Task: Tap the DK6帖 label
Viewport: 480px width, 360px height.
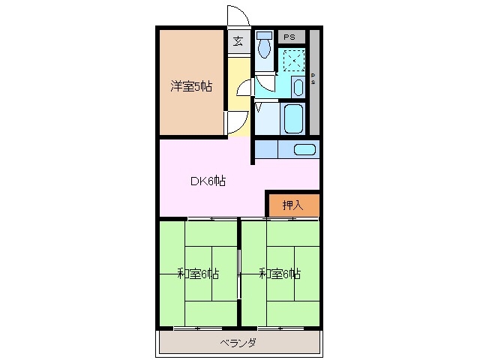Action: tap(207, 180)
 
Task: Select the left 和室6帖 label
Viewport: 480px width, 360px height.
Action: tap(198, 274)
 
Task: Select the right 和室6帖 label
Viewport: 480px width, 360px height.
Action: tap(280, 274)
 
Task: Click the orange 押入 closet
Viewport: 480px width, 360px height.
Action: tap(292, 205)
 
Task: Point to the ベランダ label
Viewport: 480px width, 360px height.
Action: tap(238, 343)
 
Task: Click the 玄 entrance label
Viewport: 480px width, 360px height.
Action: tap(238, 41)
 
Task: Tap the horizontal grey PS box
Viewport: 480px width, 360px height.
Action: tap(289, 35)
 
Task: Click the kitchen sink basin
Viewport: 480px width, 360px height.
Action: tap(305, 148)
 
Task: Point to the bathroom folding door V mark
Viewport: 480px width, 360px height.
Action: tap(259, 106)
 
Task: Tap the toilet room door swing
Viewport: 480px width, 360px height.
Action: tap(266, 82)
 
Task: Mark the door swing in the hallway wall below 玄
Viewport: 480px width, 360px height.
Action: tap(244, 88)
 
